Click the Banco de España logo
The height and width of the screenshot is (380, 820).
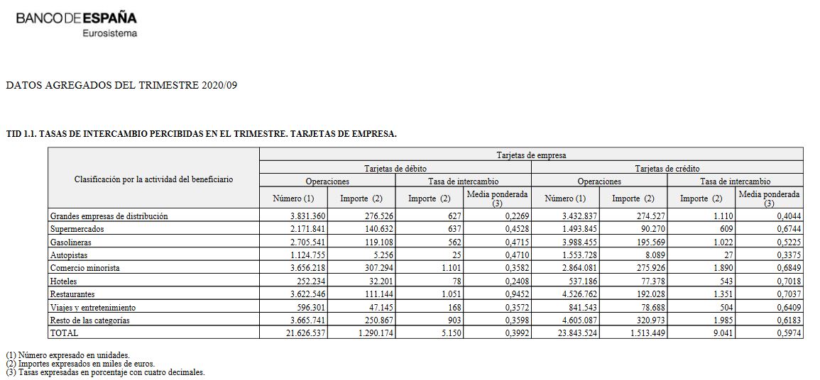(76, 18)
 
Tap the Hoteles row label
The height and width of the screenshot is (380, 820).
(63, 280)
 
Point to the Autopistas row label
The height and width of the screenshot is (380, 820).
(68, 255)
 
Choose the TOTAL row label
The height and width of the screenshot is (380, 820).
(64, 332)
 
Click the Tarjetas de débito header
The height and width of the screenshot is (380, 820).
(395, 169)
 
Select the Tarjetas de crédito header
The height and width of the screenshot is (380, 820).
(667, 169)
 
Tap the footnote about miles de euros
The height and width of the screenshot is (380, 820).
(80, 364)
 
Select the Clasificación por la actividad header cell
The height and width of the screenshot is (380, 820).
(153, 179)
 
